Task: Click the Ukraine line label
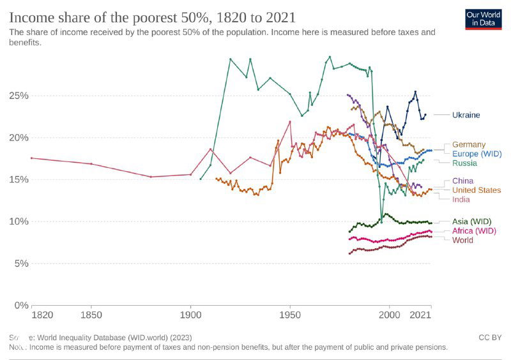466,115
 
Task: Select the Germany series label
468,144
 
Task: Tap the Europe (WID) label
477,154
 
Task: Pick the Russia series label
464,163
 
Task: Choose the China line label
462,181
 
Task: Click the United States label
477,190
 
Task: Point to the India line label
461,200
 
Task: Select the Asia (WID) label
471,221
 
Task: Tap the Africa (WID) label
473,231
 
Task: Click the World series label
463,241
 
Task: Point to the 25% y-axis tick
17,96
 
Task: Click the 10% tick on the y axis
17,221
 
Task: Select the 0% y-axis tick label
20,305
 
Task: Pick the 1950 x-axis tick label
290,316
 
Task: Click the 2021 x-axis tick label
420,316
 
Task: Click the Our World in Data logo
483,18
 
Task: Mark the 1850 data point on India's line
91,164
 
